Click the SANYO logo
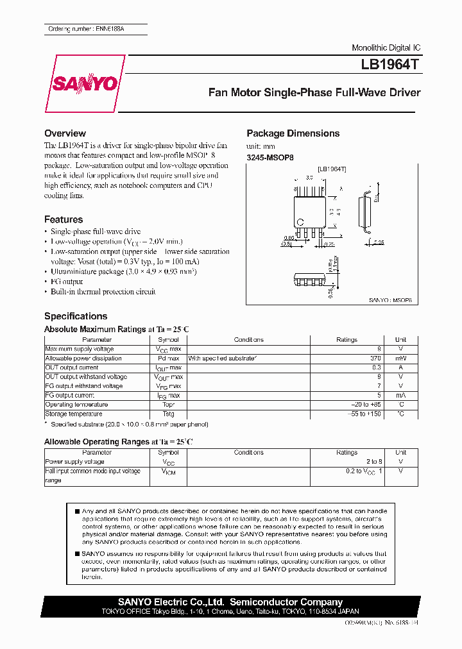pos(93,84)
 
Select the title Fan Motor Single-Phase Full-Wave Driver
pos(314,92)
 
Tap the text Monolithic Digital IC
pos(386,48)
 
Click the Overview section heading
pos(65,133)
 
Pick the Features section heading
pos(64,219)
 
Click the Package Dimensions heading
pos(293,133)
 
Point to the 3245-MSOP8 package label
pos(270,156)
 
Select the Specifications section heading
pos(76,316)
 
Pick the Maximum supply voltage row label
pos(78,349)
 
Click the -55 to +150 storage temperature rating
pos(365,414)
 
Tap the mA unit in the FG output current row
pos(400,396)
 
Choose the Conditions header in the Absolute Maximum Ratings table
pos(248,340)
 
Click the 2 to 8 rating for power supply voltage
pos(373,462)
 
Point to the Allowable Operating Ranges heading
pos(118,442)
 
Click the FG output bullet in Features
pos(67,282)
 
